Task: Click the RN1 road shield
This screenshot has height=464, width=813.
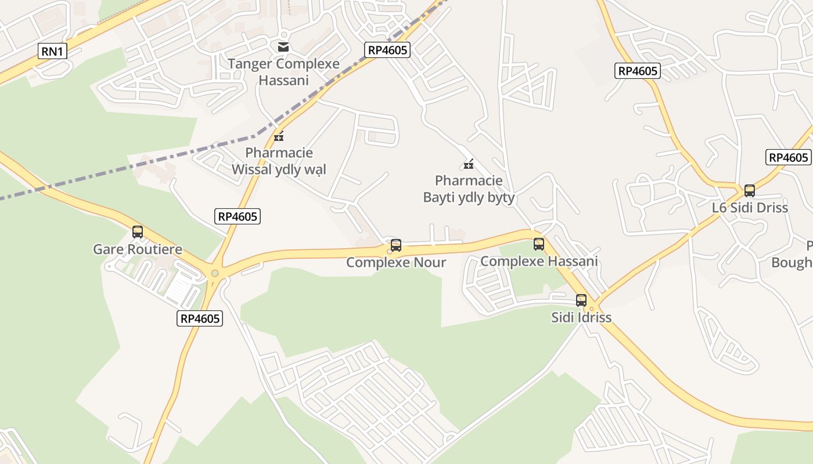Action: [52, 51]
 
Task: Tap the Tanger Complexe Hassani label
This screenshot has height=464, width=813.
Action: [283, 72]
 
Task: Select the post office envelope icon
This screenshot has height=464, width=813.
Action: [283, 46]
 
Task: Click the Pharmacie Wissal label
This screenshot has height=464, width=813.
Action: [279, 161]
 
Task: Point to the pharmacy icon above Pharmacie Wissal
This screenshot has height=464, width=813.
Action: [279, 137]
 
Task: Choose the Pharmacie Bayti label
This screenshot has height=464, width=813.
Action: [469, 189]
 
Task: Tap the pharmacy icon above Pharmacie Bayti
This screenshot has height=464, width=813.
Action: [469, 165]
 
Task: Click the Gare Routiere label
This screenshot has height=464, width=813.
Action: [138, 249]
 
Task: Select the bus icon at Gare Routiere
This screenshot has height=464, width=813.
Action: [138, 232]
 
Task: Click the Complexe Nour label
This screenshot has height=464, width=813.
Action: [396, 262]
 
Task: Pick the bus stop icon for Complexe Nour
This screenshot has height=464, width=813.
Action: [396, 245]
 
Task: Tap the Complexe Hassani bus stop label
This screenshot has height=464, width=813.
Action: [539, 261]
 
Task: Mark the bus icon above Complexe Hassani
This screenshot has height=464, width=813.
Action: [539, 244]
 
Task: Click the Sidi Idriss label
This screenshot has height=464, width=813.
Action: [581, 317]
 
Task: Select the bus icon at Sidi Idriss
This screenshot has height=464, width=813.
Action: [581, 300]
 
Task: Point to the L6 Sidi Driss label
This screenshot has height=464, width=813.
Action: [750, 208]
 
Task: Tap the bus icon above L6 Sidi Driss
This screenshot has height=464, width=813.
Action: [750, 191]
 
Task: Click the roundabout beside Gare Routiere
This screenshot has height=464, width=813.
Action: [215, 273]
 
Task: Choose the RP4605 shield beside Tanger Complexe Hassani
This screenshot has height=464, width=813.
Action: [388, 50]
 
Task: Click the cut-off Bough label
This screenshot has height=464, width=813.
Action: [793, 262]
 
